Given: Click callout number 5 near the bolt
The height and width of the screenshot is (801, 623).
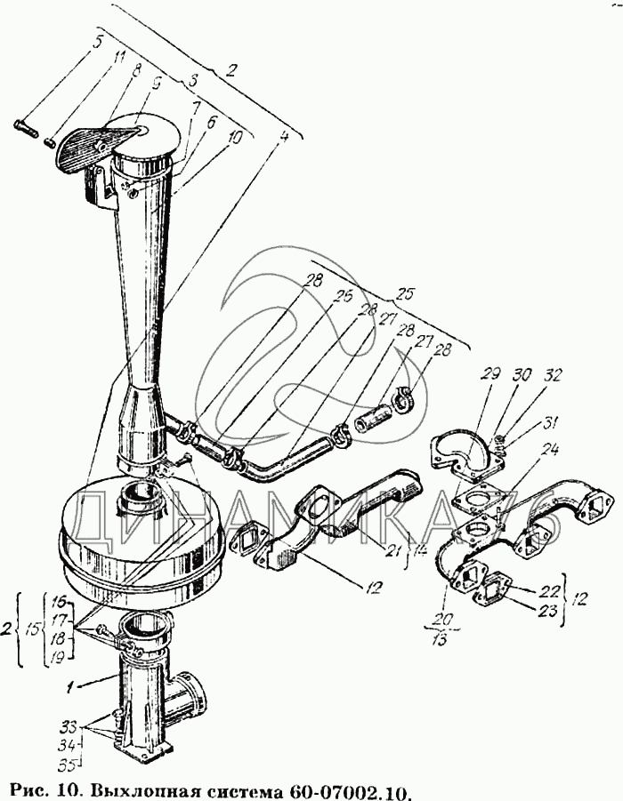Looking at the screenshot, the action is pyautogui.click(x=96, y=40).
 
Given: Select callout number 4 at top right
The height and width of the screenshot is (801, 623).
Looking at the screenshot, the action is pyautogui.click(x=284, y=137).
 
